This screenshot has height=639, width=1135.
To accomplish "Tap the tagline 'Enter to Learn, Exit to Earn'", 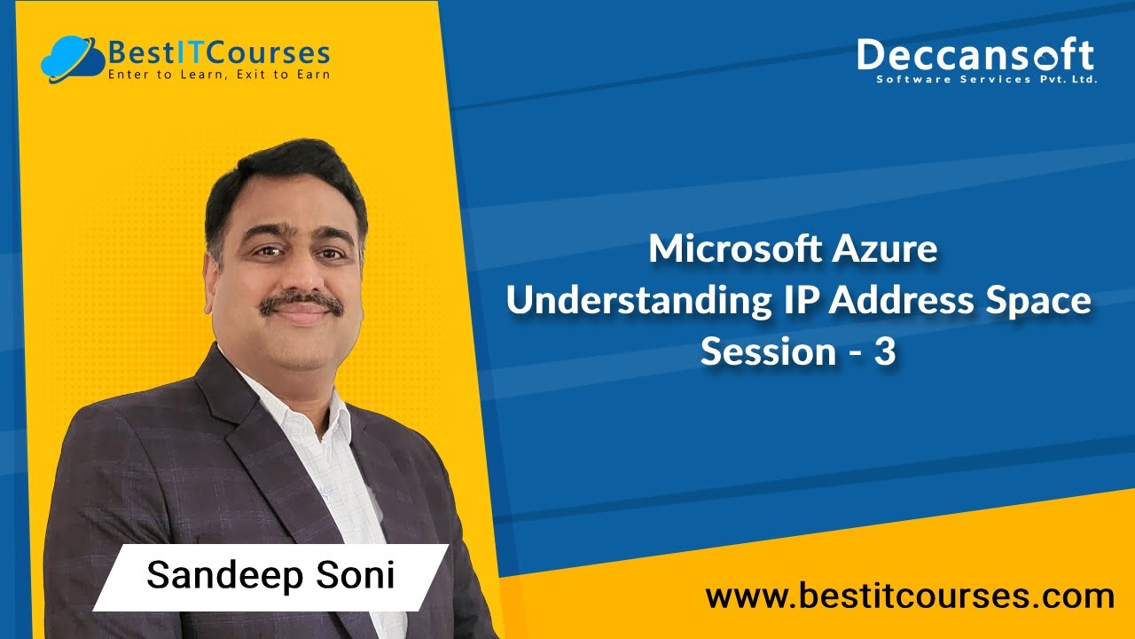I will coord(218,75).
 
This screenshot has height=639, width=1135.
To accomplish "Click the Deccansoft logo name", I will coord(974,55).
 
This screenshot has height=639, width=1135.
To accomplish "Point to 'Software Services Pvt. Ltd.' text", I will coord(986,80).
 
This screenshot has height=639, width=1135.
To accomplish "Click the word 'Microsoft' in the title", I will coord(735,249).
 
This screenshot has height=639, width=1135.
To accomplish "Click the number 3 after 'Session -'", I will coord(886,352).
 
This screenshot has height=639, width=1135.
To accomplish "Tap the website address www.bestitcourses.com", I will coord(910,596).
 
